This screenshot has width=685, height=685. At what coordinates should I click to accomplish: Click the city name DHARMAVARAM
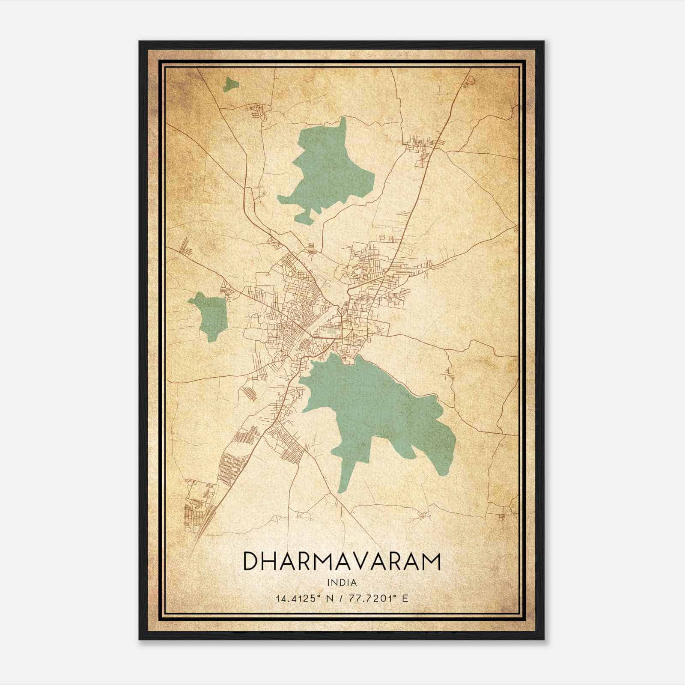pos(342,561)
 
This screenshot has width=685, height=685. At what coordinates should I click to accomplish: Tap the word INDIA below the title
pos(342,583)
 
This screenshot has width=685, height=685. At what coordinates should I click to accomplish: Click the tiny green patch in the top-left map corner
pos(230,84)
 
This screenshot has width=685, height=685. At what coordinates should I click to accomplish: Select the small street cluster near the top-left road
pos(259,110)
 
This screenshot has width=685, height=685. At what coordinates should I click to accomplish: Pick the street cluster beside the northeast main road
pos(422,148)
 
